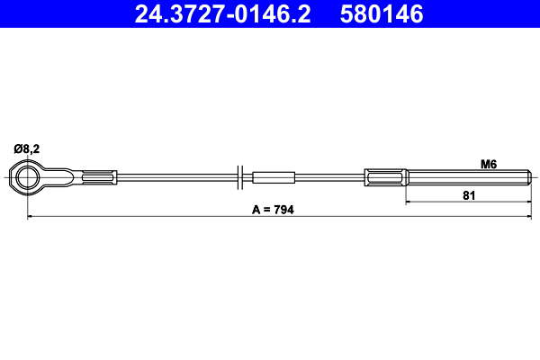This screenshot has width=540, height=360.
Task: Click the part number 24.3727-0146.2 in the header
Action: [x=222, y=14]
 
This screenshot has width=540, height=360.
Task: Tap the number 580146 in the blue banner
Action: [x=382, y=14]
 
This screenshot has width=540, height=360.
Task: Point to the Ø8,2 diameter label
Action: [x=26, y=148]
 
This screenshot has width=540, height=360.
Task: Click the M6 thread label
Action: [x=489, y=165]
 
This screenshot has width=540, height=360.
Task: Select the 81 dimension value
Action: [x=469, y=195]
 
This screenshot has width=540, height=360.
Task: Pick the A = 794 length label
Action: [x=273, y=210]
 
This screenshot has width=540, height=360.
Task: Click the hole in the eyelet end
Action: [x=27, y=177]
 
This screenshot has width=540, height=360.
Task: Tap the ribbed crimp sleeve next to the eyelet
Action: [x=100, y=177]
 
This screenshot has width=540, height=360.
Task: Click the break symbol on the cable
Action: [x=240, y=177]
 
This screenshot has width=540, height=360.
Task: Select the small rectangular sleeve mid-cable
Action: [x=274, y=177]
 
